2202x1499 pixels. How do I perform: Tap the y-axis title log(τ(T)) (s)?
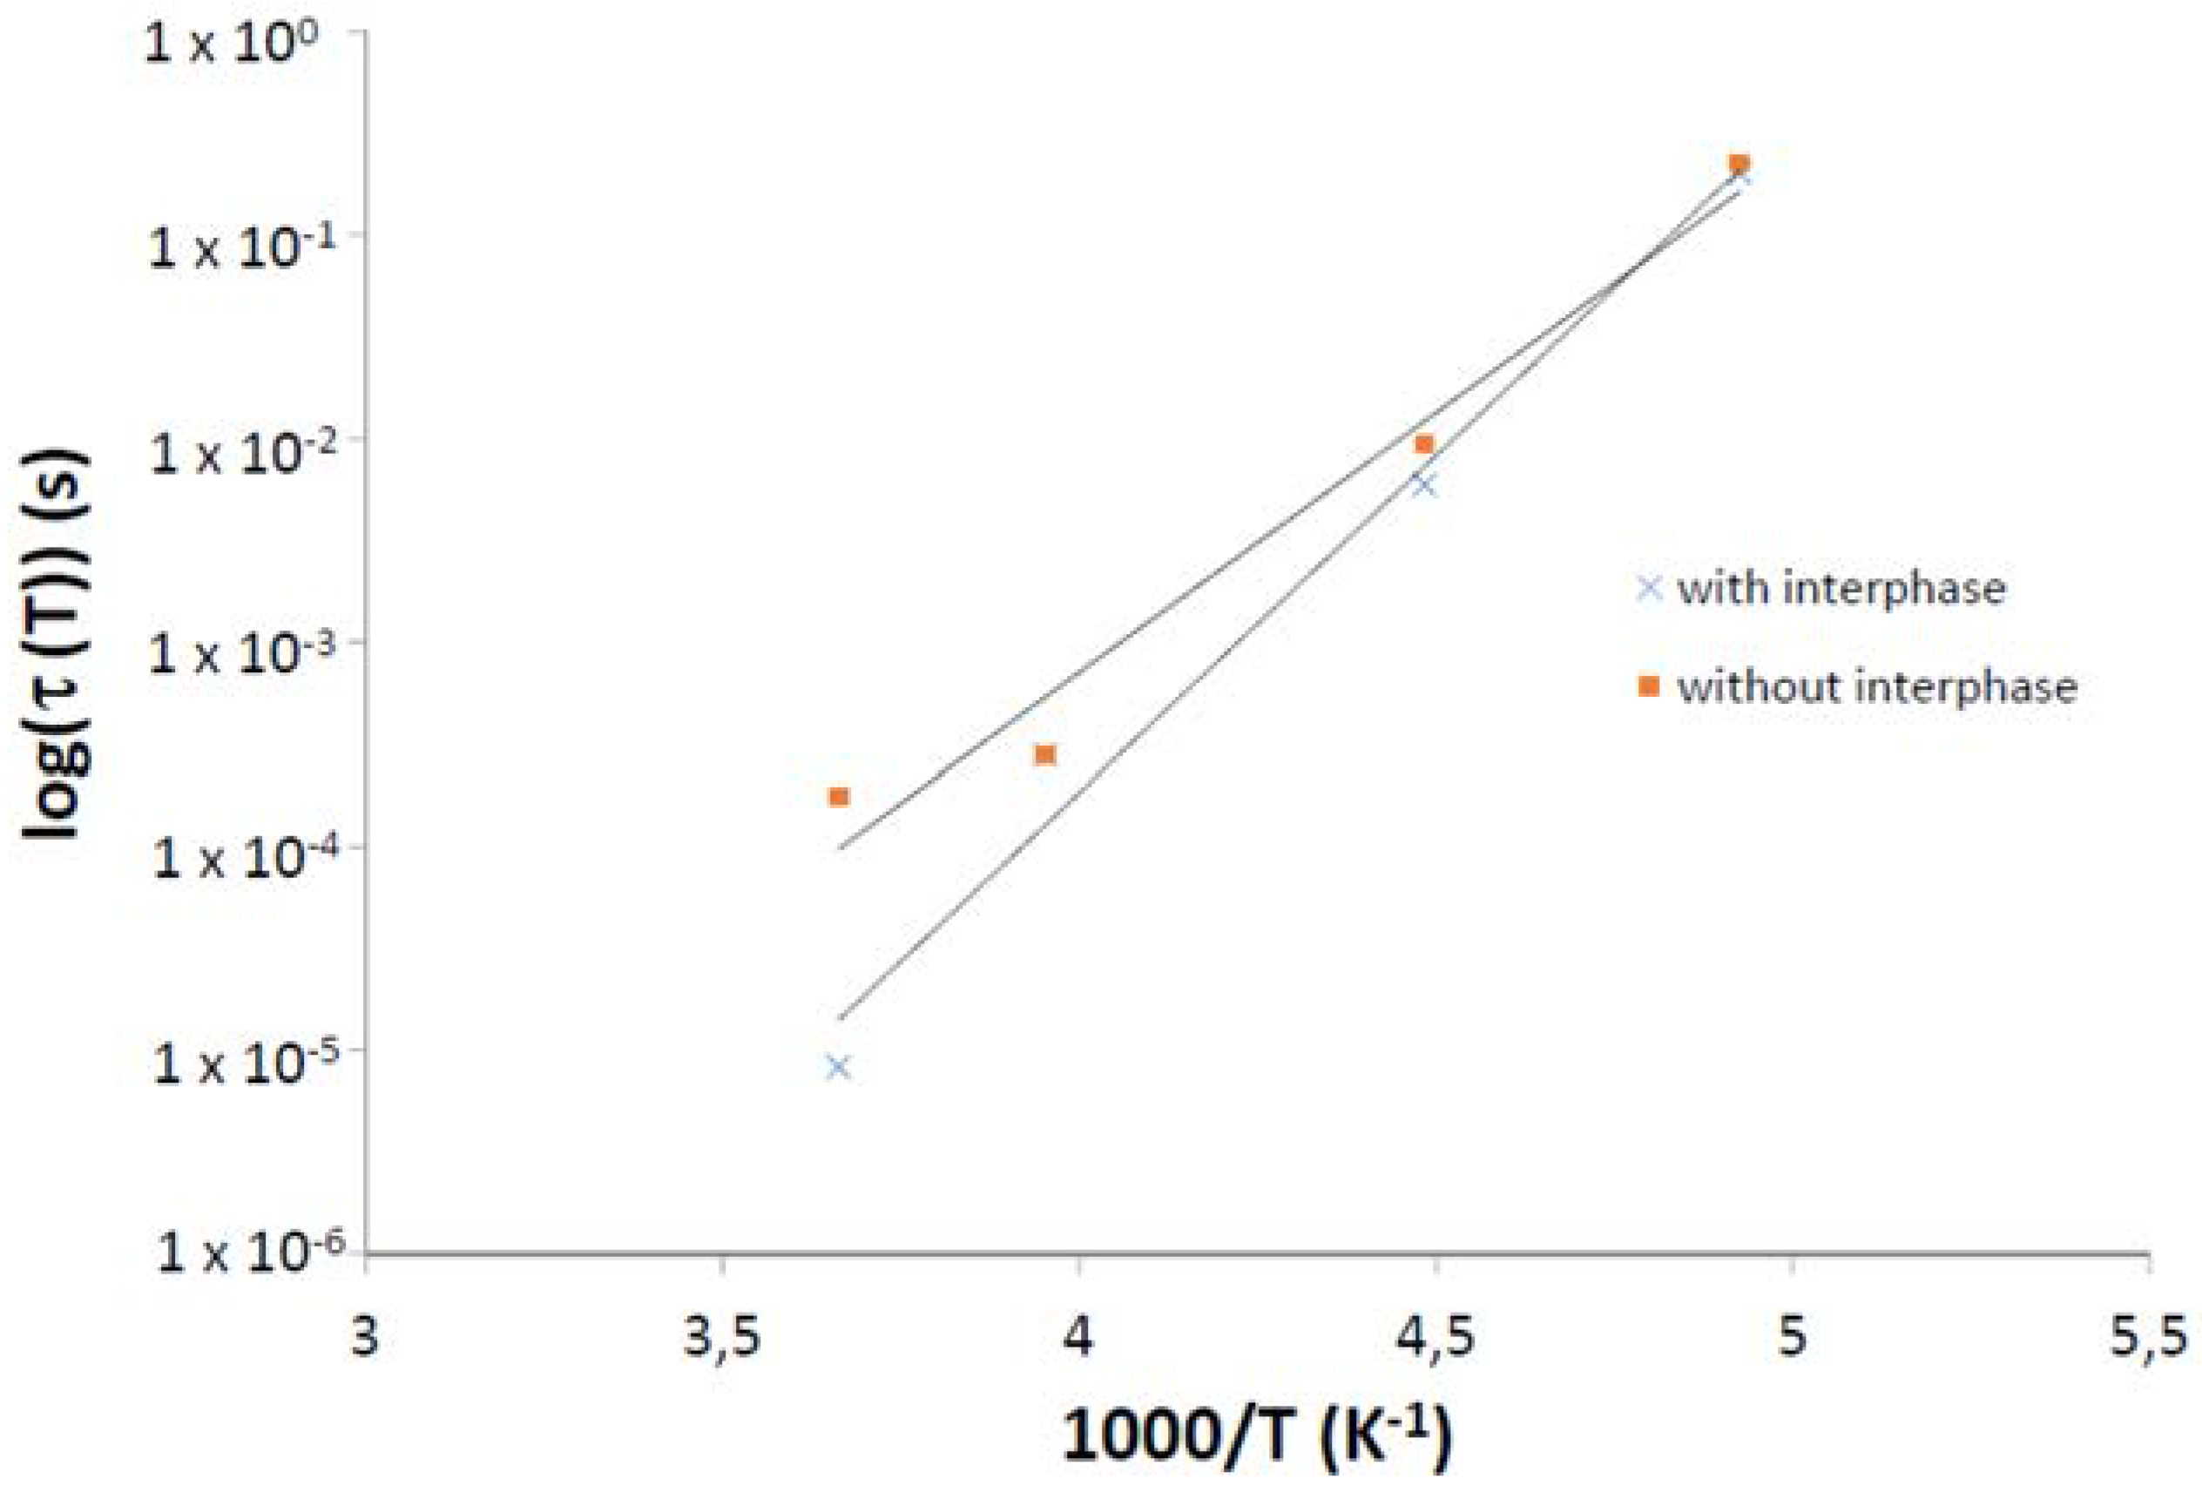coord(57,645)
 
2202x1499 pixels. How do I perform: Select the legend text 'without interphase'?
coord(1877,686)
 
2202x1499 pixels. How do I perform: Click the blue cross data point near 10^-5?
coord(838,1067)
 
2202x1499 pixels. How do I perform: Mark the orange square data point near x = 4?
coord(1045,754)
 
